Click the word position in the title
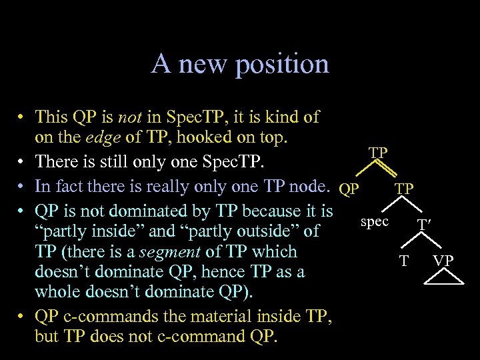point(287,64)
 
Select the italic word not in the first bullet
point(129,117)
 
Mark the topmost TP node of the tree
point(378,153)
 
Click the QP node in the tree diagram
point(349,189)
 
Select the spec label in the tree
point(374,221)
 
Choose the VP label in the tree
point(443,260)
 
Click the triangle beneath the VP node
point(443,276)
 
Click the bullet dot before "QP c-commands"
point(22,317)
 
